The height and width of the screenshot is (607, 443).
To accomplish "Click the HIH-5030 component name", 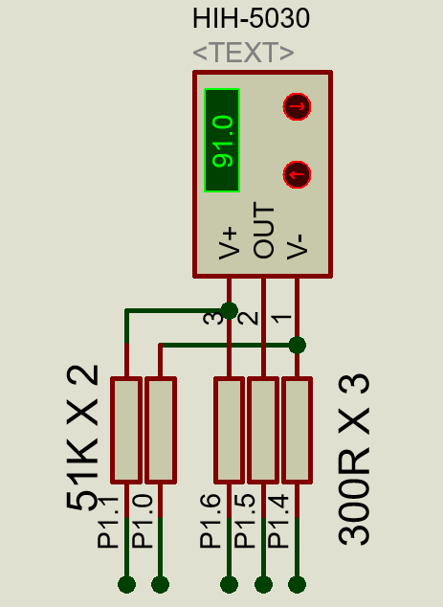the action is (251, 18).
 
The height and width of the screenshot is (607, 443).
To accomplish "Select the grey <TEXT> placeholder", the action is (243, 53).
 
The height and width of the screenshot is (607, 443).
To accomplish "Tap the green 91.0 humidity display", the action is (222, 140).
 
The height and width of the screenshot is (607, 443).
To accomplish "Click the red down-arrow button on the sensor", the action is (297, 106).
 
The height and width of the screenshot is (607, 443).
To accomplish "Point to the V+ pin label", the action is (229, 243).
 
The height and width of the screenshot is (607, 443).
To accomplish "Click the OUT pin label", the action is (263, 230).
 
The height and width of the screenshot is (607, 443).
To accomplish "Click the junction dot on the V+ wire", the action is (229, 310).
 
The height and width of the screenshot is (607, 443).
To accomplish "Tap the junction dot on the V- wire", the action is (298, 345).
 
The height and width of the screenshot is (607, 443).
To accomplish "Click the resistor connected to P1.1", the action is (126, 430).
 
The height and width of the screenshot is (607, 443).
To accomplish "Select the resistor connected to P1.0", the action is (161, 430).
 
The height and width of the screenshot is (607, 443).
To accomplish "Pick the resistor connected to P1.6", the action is (229, 430).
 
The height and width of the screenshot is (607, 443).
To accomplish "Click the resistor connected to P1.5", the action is (263, 430).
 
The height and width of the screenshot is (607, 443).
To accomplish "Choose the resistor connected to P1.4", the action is (298, 430).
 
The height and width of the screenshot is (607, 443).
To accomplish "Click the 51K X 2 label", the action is (82, 438).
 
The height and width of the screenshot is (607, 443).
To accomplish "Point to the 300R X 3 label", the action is (354, 460).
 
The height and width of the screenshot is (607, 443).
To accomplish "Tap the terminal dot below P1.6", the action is (229, 585).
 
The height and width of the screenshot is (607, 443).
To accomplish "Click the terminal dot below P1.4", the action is (298, 585).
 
